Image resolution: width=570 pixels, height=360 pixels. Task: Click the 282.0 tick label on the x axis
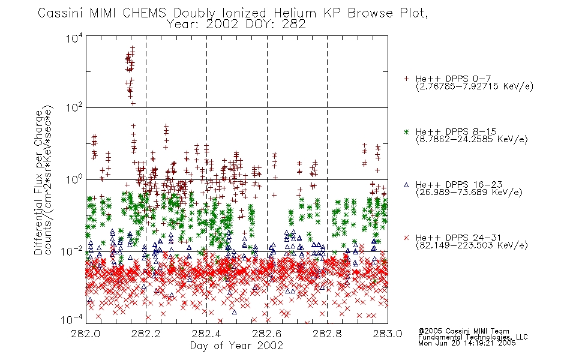pyautogui.click(x=85, y=334)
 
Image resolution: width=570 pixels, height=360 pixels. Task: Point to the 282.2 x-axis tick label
pyautogui.click(x=146, y=334)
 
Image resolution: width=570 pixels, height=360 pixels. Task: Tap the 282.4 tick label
pyautogui.click(x=206, y=334)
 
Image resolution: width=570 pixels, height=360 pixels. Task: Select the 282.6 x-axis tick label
pyautogui.click(x=267, y=334)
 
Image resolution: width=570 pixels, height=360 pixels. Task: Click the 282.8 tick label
pyautogui.click(x=327, y=334)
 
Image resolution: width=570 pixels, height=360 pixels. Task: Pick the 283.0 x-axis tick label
pyautogui.click(x=388, y=334)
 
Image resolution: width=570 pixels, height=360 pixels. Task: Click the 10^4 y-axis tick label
pyautogui.click(x=74, y=38)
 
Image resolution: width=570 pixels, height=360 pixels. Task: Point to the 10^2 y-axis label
pyautogui.click(x=74, y=107)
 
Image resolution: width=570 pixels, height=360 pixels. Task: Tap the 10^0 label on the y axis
pyautogui.click(x=74, y=179)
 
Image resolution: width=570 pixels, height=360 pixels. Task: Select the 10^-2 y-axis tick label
pyautogui.click(x=71, y=251)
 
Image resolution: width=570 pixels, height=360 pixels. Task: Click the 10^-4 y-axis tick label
pyautogui.click(x=71, y=320)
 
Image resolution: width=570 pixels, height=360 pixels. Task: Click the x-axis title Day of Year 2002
pyautogui.click(x=236, y=346)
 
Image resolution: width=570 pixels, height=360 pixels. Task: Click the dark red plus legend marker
pyautogui.click(x=406, y=79)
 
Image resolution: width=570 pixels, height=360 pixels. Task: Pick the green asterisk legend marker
pyautogui.click(x=406, y=132)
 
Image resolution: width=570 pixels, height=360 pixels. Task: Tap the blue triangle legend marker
pyautogui.click(x=406, y=185)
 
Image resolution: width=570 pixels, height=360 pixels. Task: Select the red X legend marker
pyautogui.click(x=406, y=238)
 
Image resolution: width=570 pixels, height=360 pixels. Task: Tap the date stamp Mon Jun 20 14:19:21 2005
pyautogui.click(x=467, y=343)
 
